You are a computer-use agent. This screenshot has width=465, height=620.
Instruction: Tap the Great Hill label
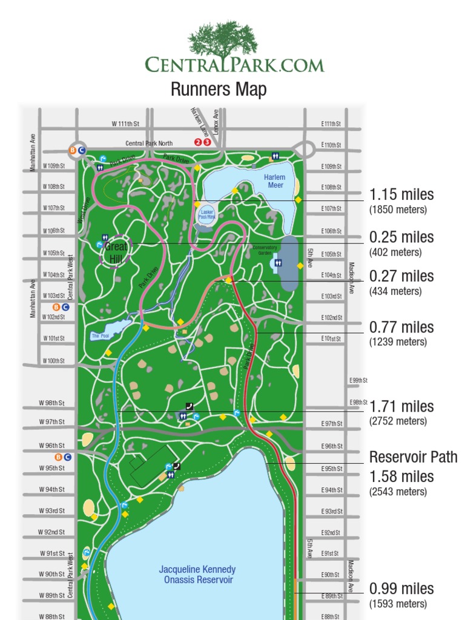point(116,253)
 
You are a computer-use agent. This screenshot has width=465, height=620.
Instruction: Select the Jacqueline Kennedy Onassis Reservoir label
point(197,575)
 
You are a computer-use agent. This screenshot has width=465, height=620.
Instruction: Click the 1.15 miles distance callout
point(401,195)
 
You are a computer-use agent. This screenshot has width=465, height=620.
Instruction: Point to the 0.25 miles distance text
point(401,237)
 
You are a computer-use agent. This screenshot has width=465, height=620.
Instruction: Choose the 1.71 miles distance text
point(401,406)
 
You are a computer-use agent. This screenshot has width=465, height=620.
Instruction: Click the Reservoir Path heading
point(414,457)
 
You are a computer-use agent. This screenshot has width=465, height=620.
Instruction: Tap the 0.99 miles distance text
point(401,589)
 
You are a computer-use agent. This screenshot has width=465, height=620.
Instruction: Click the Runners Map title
point(219,90)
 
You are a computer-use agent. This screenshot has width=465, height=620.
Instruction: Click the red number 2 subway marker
point(197,142)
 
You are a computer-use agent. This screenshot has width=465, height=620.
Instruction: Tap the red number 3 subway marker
point(207,142)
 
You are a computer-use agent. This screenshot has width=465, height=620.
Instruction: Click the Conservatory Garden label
point(265,250)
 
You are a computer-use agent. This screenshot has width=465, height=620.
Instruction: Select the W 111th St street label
point(125,124)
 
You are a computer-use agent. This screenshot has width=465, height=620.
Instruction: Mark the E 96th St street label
point(332,446)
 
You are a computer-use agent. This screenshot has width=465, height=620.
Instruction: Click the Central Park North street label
point(149,143)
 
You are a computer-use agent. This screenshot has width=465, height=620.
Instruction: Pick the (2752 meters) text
point(398,421)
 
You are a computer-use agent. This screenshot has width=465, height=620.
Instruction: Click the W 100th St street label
point(53,361)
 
